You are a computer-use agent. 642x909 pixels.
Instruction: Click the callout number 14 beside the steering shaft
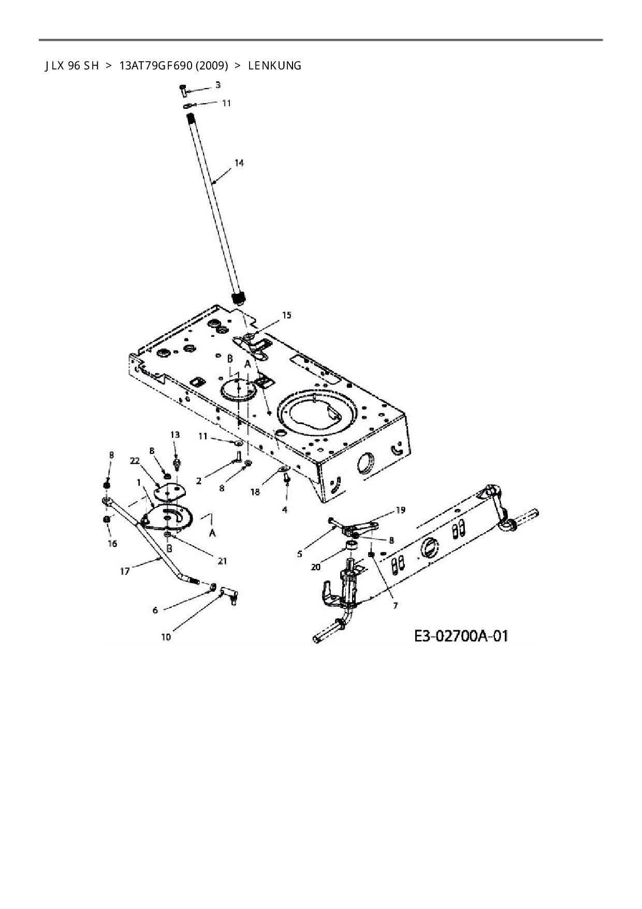point(239,163)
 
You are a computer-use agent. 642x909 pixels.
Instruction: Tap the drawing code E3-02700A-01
point(461,635)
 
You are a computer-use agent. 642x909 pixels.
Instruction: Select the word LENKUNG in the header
point(274,66)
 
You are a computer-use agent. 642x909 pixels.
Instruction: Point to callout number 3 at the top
point(218,84)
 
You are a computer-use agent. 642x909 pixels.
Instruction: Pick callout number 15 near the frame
point(286,315)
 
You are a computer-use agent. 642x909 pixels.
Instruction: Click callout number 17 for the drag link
point(125,572)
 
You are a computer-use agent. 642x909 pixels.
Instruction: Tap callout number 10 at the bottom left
point(166,637)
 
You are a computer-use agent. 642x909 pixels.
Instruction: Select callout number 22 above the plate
point(135,461)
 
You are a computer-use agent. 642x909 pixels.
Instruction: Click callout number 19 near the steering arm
point(401,510)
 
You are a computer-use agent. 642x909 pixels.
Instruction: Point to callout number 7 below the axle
point(395,605)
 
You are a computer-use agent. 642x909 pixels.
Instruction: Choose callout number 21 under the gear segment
point(223,561)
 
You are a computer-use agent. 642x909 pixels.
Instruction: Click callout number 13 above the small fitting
point(175,434)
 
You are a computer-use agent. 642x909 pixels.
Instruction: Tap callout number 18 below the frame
point(255,492)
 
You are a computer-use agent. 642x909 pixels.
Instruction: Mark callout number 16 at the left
point(112,544)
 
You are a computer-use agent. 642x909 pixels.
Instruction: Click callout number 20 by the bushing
point(315,567)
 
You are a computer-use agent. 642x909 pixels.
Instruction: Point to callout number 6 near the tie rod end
point(155,610)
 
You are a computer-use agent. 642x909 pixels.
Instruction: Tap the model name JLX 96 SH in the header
point(71,66)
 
